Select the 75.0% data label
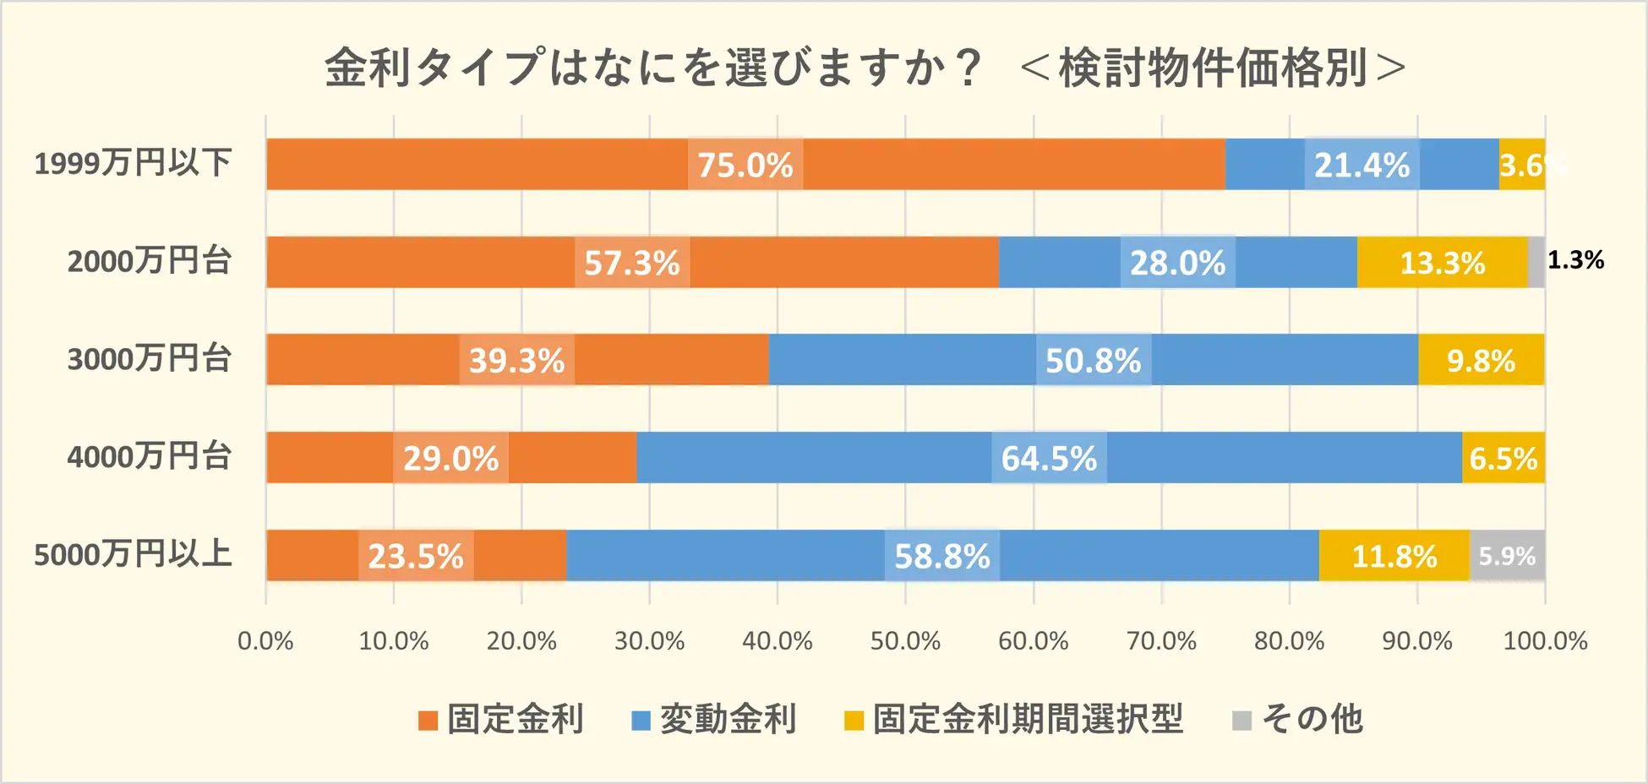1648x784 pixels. point(745,165)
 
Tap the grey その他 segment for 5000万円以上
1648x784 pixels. point(1507,556)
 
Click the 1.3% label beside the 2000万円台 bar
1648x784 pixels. point(1575,260)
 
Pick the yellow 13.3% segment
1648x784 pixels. point(1442,263)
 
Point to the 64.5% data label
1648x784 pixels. point(1049,459)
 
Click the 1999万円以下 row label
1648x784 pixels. point(133,163)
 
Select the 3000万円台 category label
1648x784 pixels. point(150,359)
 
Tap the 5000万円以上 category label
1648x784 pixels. point(133,555)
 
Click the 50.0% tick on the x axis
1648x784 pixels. point(905,641)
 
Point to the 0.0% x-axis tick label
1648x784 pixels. point(265,641)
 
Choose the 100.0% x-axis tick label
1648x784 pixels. point(1545,641)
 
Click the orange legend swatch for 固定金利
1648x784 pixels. point(428,721)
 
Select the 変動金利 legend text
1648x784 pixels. point(728,719)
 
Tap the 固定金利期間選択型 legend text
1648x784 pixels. point(1028,719)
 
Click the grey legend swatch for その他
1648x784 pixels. point(1241,721)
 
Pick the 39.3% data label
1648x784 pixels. point(516,361)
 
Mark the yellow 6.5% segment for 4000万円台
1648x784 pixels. point(1503,459)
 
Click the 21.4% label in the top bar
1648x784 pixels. point(1362,165)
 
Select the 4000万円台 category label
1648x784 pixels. point(150,457)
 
